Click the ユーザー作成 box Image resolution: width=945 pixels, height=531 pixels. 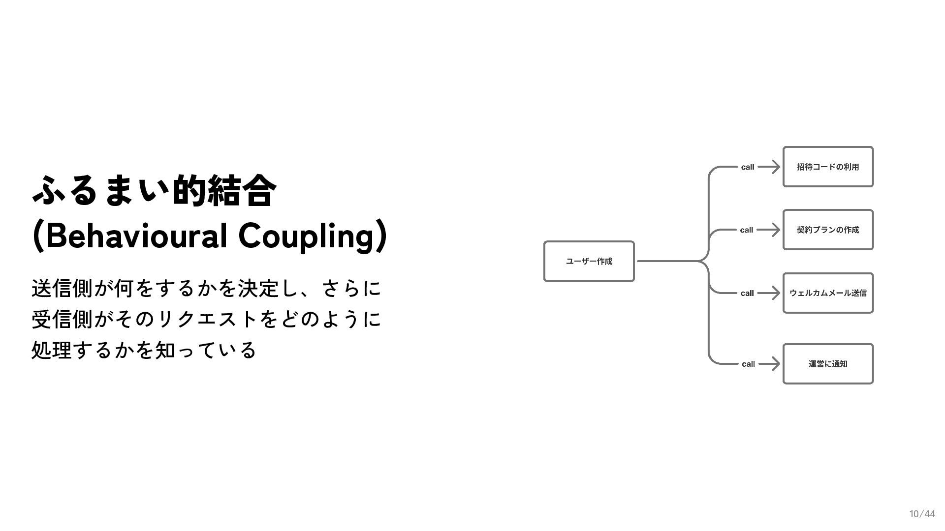coord(589,262)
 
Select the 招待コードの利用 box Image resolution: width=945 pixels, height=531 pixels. coord(828,167)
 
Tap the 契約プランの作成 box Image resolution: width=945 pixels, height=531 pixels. coord(828,230)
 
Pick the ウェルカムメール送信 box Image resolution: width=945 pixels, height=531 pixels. coord(828,293)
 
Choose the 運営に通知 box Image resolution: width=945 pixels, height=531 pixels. coord(828,364)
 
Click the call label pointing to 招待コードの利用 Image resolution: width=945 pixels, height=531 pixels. coord(747,167)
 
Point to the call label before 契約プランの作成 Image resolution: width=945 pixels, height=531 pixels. coord(746,230)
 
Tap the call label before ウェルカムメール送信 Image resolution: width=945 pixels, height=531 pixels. coord(747,293)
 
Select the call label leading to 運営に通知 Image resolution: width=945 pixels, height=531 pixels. coord(748,364)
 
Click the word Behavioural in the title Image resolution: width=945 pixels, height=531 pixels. coord(136,236)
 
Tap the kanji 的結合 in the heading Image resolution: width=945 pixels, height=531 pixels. coord(224,191)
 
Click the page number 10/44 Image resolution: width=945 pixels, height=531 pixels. coord(922,514)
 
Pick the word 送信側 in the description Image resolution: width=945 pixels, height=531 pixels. coord(62,289)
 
